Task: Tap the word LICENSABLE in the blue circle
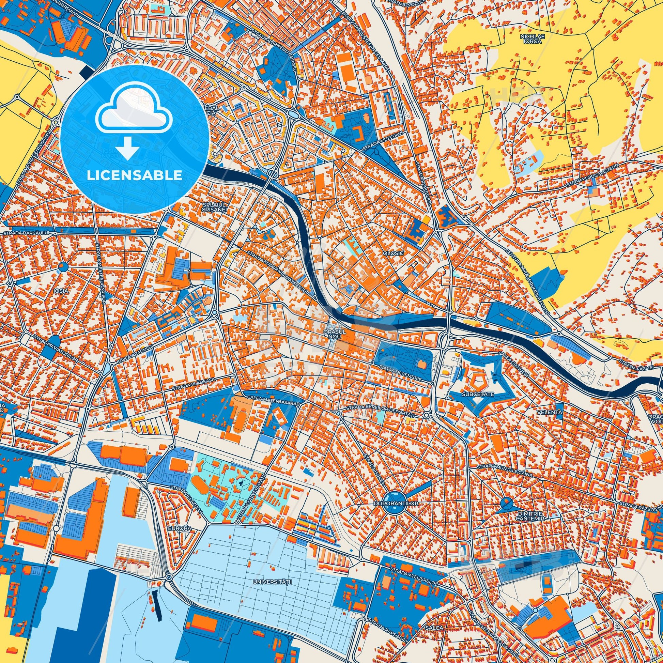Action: [x=134, y=175]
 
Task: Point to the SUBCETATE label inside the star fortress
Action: [x=474, y=394]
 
